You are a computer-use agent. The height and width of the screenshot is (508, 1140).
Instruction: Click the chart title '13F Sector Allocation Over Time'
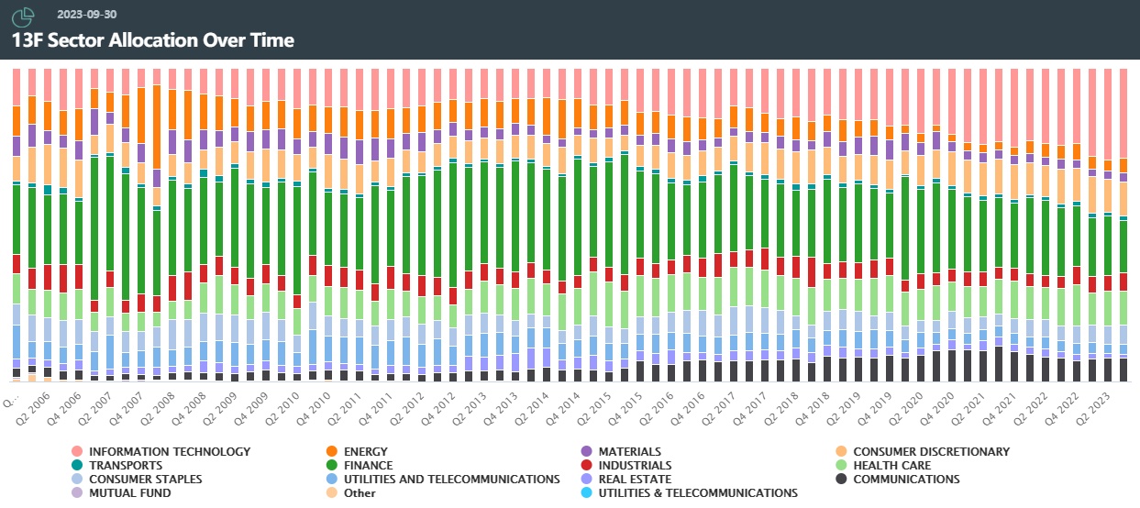[152, 40]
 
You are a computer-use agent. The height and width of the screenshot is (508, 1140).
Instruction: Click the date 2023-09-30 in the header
[86, 15]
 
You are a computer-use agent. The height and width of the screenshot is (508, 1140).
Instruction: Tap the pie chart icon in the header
[24, 16]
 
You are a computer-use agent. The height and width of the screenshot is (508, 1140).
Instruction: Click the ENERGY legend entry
[366, 451]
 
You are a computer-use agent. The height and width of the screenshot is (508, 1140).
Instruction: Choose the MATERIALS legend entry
[629, 451]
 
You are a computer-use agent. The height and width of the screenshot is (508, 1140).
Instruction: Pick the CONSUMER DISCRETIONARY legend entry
[931, 451]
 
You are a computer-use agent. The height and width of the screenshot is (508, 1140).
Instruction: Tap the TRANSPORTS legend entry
[126, 465]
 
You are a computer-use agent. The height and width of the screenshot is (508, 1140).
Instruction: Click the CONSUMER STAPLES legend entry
[145, 479]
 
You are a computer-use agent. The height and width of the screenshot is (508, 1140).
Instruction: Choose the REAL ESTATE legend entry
[635, 479]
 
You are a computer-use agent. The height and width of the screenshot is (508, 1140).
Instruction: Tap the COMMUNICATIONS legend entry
[906, 479]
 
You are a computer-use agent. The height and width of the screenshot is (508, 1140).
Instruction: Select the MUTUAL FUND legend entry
[129, 492]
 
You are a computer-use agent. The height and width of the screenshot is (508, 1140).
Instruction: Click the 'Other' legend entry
[360, 492]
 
